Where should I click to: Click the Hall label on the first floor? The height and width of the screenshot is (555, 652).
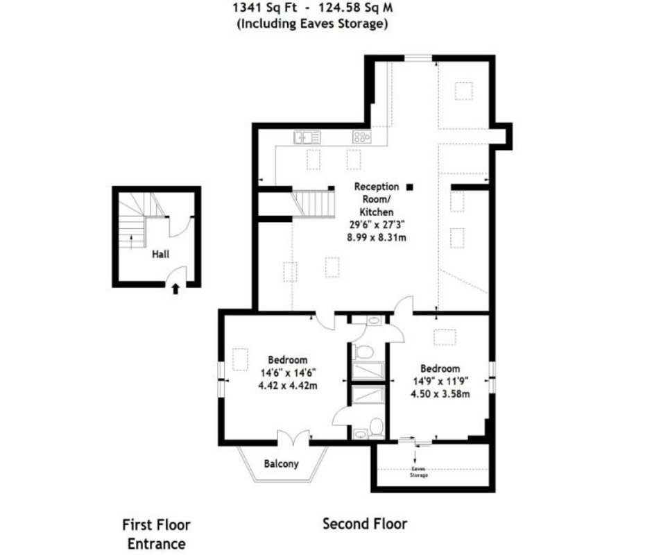point(160,254)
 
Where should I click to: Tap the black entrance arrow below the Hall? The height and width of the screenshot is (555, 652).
point(175,289)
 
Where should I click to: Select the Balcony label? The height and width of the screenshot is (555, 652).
point(282,463)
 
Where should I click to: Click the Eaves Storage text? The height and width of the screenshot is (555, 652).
point(419,472)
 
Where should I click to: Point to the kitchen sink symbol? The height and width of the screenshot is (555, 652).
point(307,137)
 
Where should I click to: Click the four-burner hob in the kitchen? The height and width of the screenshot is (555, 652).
point(362,137)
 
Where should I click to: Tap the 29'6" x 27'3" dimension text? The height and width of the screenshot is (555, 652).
point(377,225)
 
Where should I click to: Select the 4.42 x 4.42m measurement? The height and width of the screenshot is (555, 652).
point(288,385)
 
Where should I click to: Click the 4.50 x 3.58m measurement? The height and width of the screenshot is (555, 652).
point(440,393)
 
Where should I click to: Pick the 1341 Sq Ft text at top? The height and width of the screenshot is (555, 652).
point(265,7)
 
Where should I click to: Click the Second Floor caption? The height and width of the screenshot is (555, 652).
point(365,523)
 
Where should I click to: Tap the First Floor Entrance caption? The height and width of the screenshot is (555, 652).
point(156,534)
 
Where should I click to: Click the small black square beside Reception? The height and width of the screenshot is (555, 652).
point(410,187)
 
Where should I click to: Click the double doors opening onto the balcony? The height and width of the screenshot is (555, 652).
point(293,438)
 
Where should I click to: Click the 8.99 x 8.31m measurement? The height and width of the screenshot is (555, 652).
point(377,237)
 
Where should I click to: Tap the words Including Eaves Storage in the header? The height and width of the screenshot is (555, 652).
point(312,24)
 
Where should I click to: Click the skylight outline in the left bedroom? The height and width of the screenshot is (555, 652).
point(241,359)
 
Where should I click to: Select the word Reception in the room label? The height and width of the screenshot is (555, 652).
point(377,187)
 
